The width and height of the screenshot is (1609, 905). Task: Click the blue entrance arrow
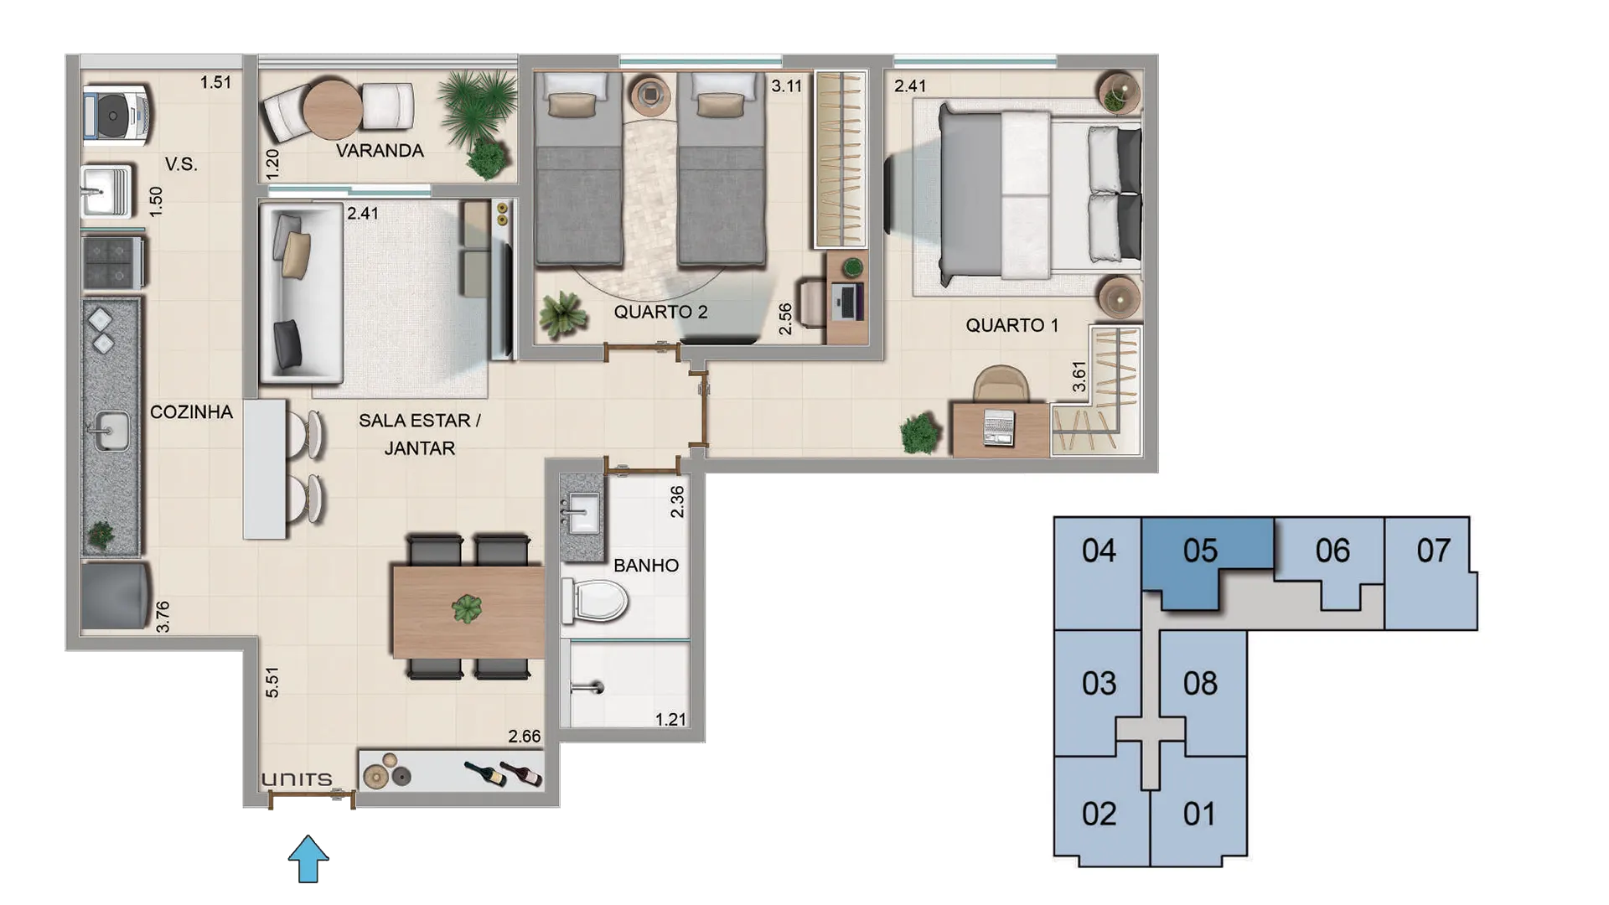coord(308,858)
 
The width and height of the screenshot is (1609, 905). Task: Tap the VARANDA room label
coord(380,151)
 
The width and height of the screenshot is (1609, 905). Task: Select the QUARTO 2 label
coord(660,312)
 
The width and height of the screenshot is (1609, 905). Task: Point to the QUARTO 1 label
coord(1011,325)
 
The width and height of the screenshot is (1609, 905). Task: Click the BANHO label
coord(646,566)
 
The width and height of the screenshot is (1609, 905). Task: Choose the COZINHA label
coord(191,412)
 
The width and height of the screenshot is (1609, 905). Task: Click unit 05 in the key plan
coord(1200,551)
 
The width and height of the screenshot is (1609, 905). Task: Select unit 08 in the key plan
coord(1200,684)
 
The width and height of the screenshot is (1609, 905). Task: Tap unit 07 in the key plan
coord(1433,551)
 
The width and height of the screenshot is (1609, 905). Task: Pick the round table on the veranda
coord(333,109)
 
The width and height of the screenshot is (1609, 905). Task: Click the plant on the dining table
coord(467,608)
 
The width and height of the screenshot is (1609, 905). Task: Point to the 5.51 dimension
coord(272,683)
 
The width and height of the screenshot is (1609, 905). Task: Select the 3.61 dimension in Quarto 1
coord(1079,376)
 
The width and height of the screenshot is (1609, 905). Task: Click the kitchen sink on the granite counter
coord(107,432)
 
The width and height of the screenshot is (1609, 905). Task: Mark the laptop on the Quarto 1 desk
coord(999,427)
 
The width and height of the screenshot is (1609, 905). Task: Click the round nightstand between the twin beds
coord(650,94)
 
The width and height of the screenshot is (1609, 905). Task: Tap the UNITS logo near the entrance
coord(297,780)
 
